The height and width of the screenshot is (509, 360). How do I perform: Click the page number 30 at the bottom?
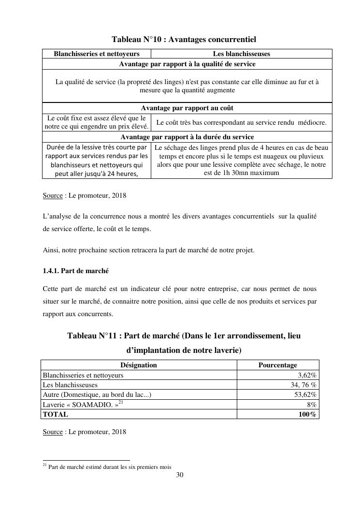(x=180, y=475)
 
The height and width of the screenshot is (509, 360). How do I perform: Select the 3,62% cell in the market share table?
(x=307, y=375)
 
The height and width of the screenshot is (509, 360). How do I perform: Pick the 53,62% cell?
(x=305, y=395)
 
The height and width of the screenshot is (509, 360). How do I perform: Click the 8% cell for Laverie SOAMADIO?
(x=311, y=405)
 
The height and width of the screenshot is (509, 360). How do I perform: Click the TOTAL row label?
(x=56, y=414)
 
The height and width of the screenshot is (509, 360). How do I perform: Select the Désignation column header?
(x=138, y=365)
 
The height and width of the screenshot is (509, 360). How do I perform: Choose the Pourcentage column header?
(x=277, y=365)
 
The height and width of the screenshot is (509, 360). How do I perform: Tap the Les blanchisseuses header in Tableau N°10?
(x=241, y=54)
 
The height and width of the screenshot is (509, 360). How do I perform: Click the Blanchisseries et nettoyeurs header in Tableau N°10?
(x=97, y=54)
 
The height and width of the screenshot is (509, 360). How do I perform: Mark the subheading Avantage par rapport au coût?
(x=187, y=108)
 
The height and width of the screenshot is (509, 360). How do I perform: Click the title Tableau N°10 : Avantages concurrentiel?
(x=184, y=39)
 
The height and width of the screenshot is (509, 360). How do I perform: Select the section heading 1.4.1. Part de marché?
(x=79, y=271)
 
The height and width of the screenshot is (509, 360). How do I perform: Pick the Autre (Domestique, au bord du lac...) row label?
(x=97, y=395)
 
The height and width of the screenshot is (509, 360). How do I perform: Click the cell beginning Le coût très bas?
(x=241, y=122)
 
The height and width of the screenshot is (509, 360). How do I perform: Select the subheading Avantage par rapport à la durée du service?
(x=187, y=137)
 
